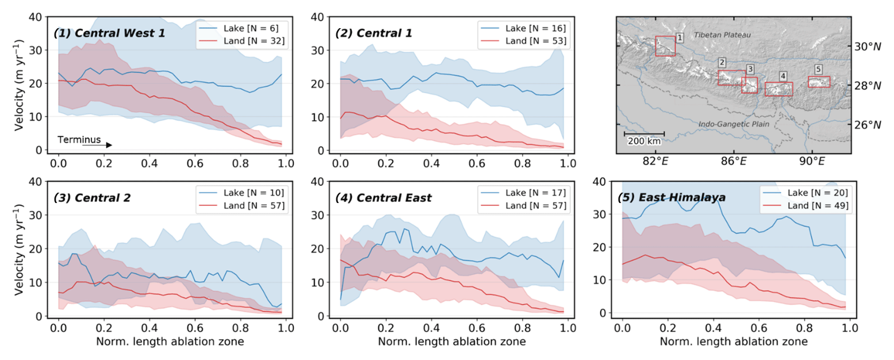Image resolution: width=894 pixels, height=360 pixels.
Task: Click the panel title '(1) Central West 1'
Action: point(109,33)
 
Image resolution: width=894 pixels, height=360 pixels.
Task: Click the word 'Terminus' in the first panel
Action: point(79,139)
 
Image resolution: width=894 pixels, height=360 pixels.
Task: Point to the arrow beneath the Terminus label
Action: point(97,145)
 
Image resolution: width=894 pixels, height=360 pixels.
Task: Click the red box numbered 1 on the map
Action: point(665,46)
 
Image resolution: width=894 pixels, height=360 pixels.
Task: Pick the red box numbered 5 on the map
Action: point(819,82)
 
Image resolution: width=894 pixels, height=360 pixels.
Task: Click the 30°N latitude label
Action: point(867,46)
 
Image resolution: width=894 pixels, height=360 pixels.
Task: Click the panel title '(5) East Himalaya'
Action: point(671,197)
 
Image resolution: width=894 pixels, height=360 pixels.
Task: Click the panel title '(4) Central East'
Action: point(383,198)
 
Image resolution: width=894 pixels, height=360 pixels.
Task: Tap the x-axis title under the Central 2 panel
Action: point(170,342)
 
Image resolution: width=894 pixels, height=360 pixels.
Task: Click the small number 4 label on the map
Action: point(782,76)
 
